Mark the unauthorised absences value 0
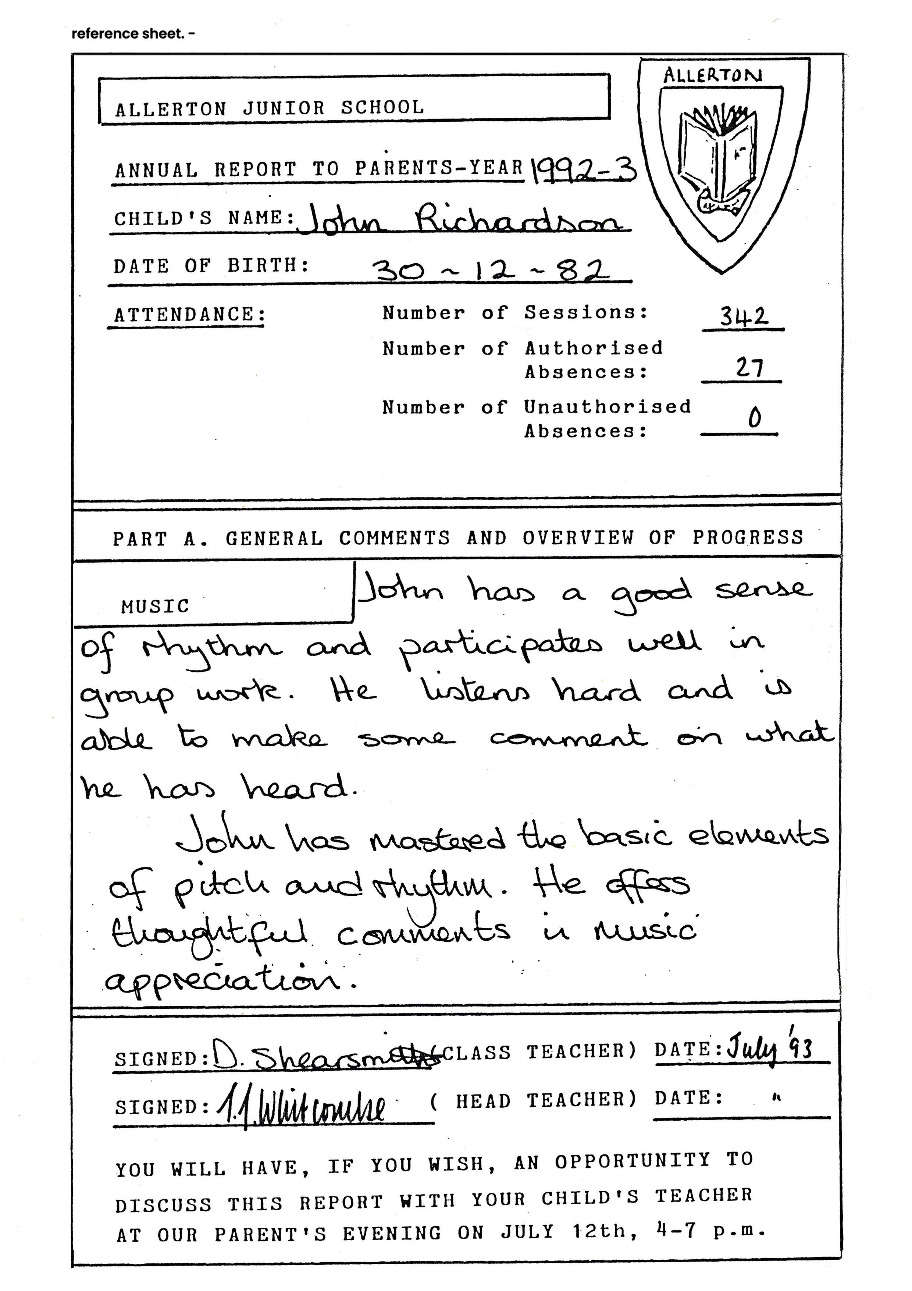(755, 418)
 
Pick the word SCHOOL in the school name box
(383, 107)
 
